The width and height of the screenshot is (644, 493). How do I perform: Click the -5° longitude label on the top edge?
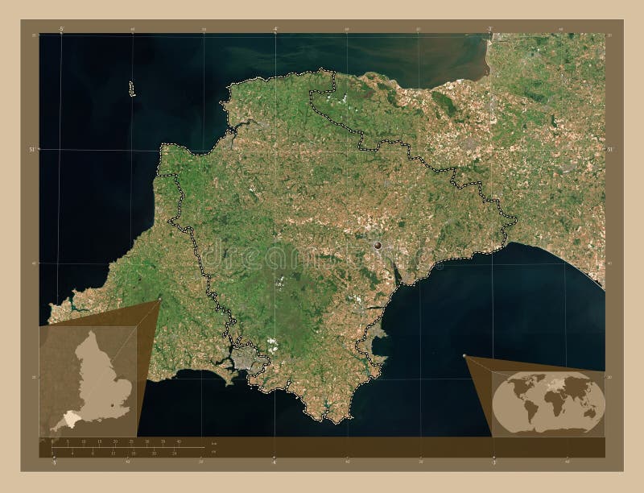click(61, 29)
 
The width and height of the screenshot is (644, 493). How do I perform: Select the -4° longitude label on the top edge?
click(275, 29)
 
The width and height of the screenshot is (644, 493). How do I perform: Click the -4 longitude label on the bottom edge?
click(275, 463)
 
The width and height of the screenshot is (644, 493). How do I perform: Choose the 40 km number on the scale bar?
click(179, 441)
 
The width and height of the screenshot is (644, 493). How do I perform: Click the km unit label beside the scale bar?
click(213, 445)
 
